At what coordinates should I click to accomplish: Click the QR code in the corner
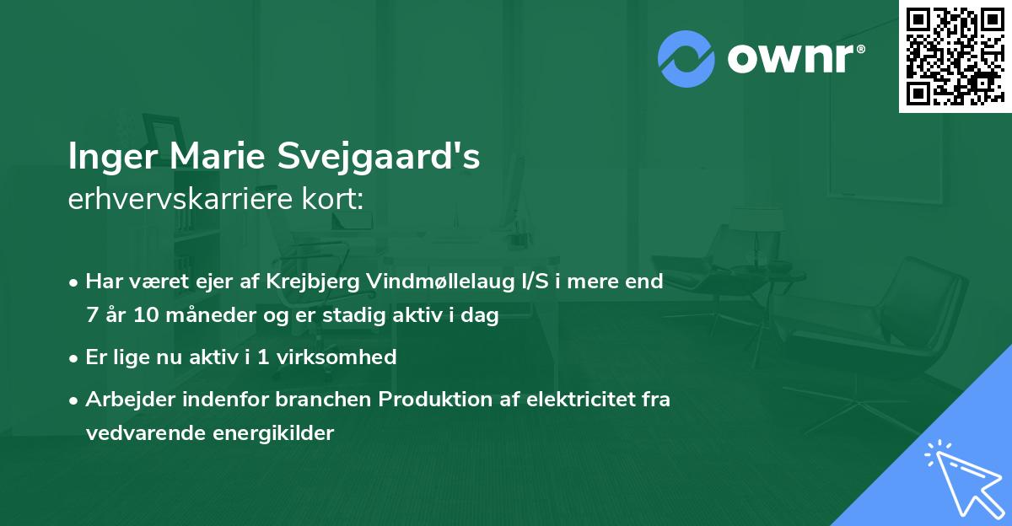pos(955,56)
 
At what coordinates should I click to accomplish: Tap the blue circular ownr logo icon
pos(686,58)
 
